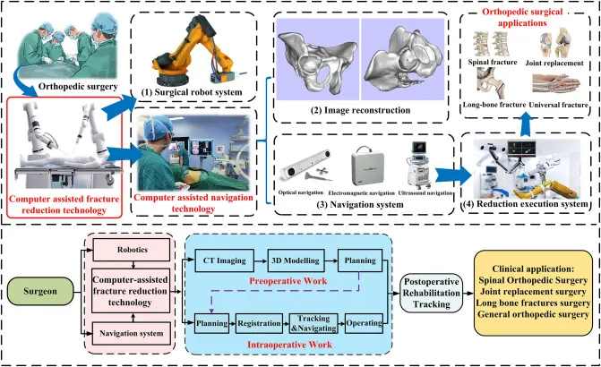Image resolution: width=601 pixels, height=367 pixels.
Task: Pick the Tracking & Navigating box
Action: (x=314, y=320)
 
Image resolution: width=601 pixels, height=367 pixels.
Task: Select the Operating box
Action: (x=365, y=320)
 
